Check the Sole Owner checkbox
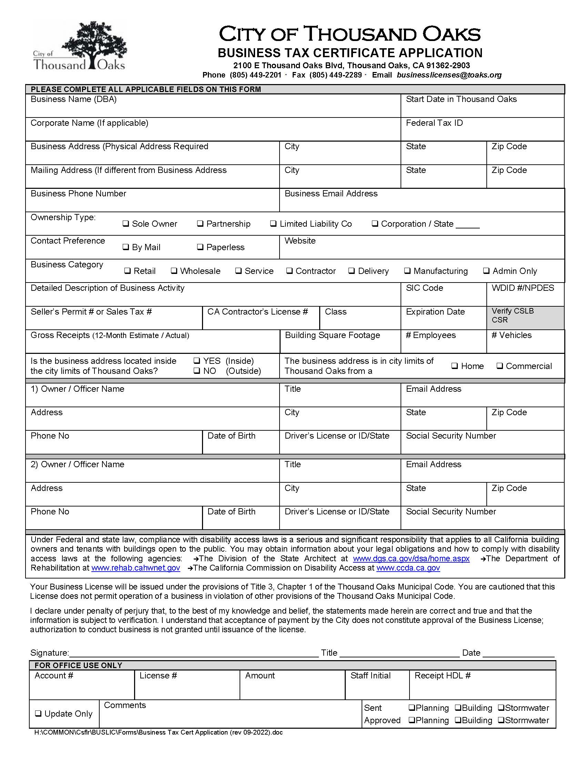pyautogui.click(x=126, y=224)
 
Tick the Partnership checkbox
pyautogui.click(x=200, y=224)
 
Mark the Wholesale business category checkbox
pyautogui.click(x=174, y=271)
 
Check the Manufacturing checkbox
pyautogui.click(x=407, y=271)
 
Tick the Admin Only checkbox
pyautogui.click(x=486, y=271)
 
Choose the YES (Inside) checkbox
pyautogui.click(x=197, y=361)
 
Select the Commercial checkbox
pyautogui.click(x=499, y=366)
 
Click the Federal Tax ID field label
pyautogui.click(x=434, y=123)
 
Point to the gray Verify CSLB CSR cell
pyautogui.click(x=525, y=318)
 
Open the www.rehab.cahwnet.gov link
pyautogui.click(x=136, y=568)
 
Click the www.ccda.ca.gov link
pyautogui.click(x=408, y=568)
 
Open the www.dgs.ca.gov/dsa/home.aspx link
pyautogui.click(x=411, y=559)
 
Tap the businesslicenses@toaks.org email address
pyautogui.click(x=449, y=75)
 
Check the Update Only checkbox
pyautogui.click(x=38, y=714)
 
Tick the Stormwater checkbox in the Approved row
pyautogui.click(x=501, y=720)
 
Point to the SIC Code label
pyautogui.click(x=424, y=288)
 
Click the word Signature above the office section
pyautogui.click(x=49, y=653)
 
